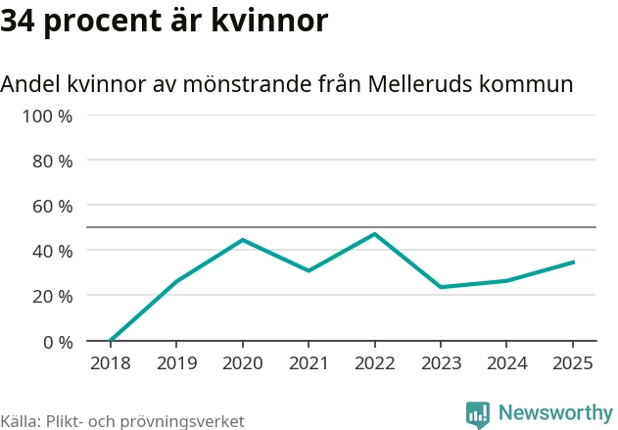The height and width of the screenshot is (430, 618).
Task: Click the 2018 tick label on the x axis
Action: pos(110,363)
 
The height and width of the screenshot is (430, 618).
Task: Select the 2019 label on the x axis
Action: pos(175,363)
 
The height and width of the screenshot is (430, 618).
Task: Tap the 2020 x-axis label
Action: pos(242,363)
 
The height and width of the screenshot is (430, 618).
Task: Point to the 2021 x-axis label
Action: pos(309,363)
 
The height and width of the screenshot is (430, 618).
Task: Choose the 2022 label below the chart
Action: pos(374,363)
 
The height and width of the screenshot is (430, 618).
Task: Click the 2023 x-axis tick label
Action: pos(441,363)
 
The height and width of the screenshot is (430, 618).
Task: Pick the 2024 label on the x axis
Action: pos(506,363)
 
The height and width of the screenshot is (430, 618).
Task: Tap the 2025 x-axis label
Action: pos(573,363)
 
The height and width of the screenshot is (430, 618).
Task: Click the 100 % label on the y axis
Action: pos(48,116)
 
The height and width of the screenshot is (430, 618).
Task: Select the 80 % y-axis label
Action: pos(53,161)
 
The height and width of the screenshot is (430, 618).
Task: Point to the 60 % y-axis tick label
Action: pos(53,206)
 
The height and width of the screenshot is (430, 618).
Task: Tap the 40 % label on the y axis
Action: pos(53,251)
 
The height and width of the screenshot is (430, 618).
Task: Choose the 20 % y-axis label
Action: pos(53,296)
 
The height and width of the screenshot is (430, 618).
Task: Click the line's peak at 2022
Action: pos(374,234)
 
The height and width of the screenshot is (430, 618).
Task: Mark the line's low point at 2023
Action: pos(441,287)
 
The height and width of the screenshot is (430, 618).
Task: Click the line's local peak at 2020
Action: pos(242,240)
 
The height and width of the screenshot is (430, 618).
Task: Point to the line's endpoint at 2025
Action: pos(573,263)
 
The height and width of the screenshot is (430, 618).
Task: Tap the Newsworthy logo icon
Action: pos(478,414)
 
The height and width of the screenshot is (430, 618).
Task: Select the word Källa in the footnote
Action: pos(19,421)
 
